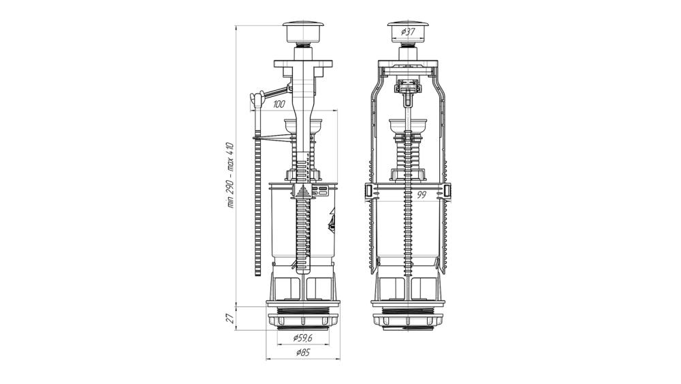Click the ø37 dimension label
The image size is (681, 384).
(407, 31)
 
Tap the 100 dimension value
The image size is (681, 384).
(279, 104)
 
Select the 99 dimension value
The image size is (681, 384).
(421, 195)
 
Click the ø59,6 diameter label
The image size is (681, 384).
(303, 337)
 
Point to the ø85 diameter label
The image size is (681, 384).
(303, 353)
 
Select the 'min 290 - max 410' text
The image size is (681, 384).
(231, 175)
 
